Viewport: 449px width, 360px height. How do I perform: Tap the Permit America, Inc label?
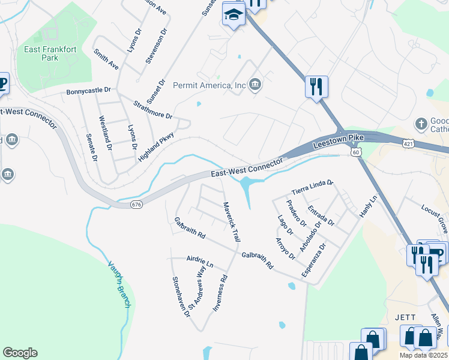[x=209, y=85]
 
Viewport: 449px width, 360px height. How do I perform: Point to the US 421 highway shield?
[x=408, y=145]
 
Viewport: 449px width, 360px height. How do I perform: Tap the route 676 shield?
[x=136, y=205]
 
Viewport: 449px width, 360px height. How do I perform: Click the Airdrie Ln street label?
[x=200, y=262]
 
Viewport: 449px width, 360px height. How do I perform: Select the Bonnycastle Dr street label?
[x=89, y=90]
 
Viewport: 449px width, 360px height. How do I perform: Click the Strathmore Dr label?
[x=152, y=109]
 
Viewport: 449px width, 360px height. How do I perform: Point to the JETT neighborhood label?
[x=405, y=317]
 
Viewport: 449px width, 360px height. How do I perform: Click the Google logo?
[x=20, y=353]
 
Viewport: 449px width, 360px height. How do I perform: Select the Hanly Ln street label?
[x=369, y=207]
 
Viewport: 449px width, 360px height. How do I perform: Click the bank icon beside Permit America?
[x=255, y=83]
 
